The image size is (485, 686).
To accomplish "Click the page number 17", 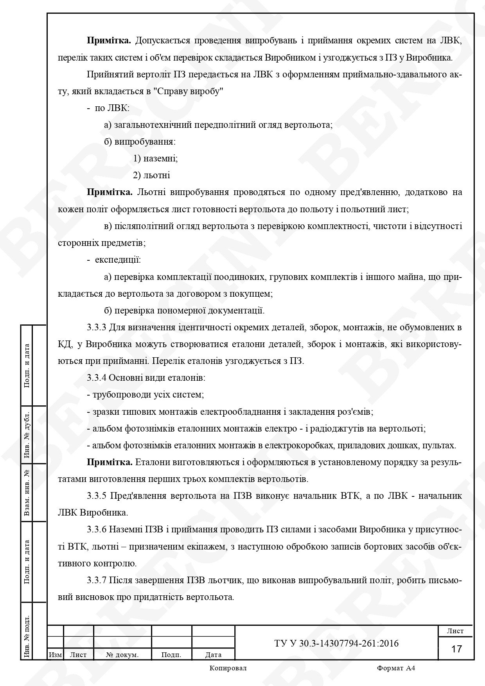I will click(x=456, y=649).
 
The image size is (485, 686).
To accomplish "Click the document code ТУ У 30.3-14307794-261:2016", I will click(x=336, y=643).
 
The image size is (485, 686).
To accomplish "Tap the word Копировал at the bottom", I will click(x=228, y=668).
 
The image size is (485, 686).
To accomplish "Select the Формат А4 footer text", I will click(x=396, y=668).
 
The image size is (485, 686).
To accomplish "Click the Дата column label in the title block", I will click(x=213, y=655).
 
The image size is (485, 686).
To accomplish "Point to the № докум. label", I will click(x=122, y=655).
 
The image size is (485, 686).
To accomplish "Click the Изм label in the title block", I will click(x=55, y=655).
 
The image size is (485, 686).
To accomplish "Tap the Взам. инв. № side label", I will click(x=27, y=493).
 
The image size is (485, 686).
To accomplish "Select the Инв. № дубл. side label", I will click(x=27, y=435).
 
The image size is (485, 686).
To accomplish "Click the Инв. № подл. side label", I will click(x=27, y=637).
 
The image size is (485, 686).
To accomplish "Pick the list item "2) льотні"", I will click(x=151, y=176).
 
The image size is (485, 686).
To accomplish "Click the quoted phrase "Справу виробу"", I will click(x=189, y=91).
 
